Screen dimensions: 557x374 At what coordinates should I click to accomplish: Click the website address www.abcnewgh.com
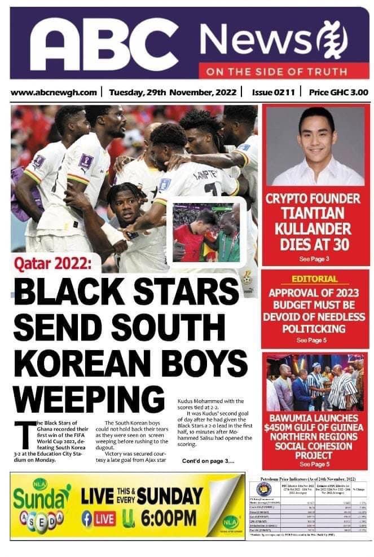(x=54, y=92)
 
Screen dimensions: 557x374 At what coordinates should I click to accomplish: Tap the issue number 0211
(x=273, y=92)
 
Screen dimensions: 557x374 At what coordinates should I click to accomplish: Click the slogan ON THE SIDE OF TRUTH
(x=276, y=72)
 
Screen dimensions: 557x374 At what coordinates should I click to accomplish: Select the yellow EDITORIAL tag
(x=314, y=279)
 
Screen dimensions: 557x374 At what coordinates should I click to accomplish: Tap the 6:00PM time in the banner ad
(x=166, y=517)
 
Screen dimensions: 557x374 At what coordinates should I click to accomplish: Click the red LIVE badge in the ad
(x=105, y=518)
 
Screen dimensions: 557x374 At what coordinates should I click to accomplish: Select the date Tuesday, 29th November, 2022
(x=173, y=92)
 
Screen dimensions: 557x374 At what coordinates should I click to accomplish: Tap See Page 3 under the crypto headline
(x=314, y=259)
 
